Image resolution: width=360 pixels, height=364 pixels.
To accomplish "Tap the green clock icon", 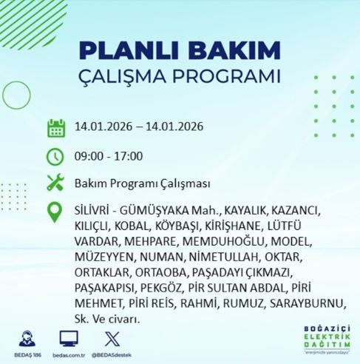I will click(x=56, y=156).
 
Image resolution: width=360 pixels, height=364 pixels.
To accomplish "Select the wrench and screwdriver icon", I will click(x=56, y=182).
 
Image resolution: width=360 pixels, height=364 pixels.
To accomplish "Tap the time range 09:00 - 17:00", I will click(x=109, y=156).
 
